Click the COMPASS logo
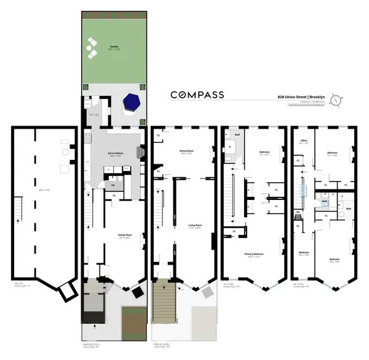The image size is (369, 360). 197,95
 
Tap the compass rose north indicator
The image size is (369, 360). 336,100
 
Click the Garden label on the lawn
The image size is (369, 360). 114,47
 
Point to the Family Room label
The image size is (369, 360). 125,234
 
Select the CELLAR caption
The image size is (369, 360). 20,284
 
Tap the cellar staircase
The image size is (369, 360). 18,209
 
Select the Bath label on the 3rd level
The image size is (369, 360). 237,134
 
